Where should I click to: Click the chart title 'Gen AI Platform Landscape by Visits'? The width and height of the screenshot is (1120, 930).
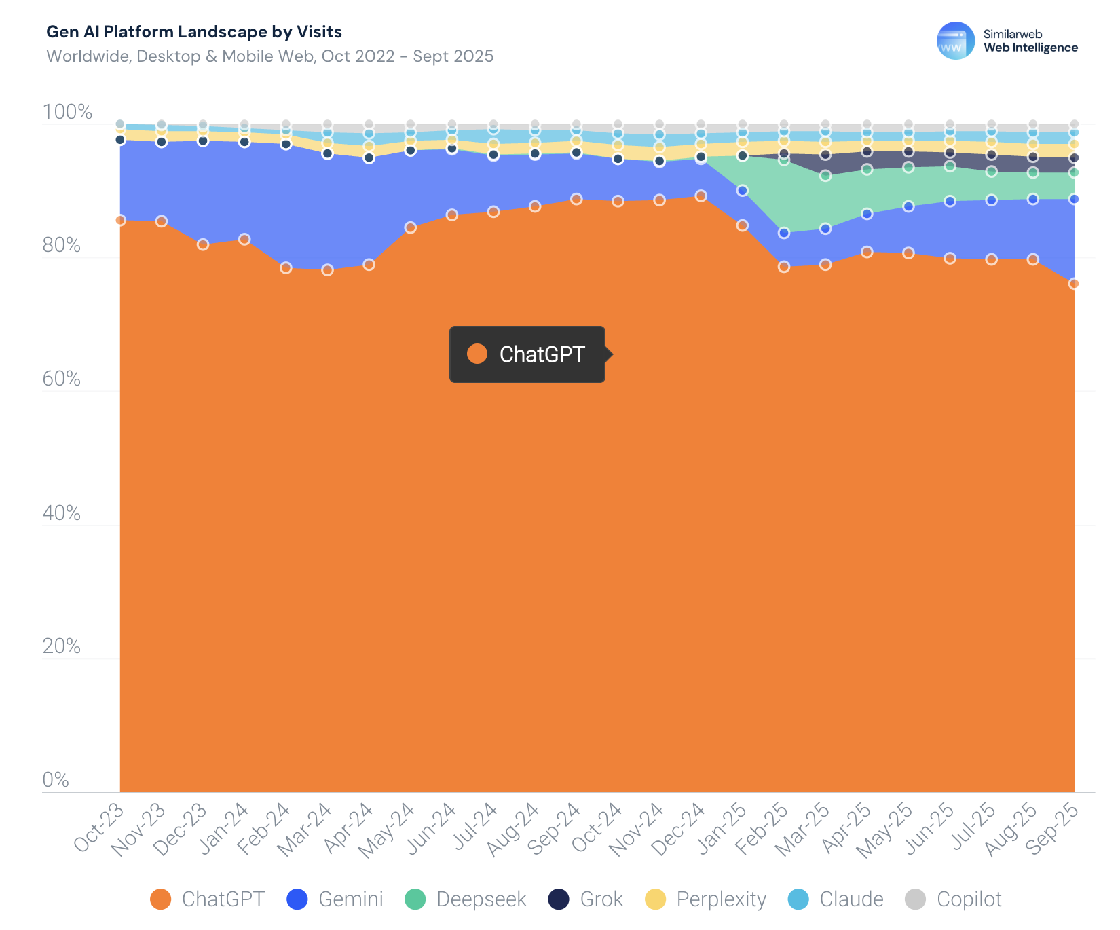193,32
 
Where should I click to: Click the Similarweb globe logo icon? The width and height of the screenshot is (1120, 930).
955,41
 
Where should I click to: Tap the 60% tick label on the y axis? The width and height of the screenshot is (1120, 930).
62,379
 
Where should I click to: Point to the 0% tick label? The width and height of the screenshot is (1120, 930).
56,779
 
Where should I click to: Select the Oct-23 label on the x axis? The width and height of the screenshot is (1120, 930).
100,827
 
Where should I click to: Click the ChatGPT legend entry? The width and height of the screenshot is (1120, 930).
208,899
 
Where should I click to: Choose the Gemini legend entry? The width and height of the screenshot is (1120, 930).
335,899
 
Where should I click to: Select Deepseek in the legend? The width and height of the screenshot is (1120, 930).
466,899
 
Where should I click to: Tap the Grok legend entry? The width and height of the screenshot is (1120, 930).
586,899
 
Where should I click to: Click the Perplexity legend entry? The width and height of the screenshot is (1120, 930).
706,899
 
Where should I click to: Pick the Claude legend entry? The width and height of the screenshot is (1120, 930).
836,899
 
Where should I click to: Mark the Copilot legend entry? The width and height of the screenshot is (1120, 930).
954,899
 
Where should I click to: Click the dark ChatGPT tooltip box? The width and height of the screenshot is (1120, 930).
527,354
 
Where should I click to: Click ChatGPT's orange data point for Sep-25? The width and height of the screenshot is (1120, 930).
1074,284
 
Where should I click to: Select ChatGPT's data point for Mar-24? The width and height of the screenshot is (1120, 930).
327,270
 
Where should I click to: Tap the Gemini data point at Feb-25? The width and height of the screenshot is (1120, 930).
784,233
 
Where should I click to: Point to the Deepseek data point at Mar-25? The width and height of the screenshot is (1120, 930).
825,176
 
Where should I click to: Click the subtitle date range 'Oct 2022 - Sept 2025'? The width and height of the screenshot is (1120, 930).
407,56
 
